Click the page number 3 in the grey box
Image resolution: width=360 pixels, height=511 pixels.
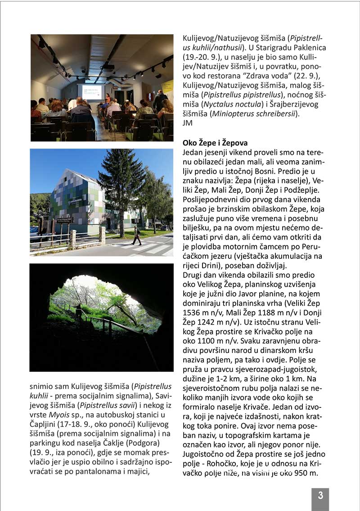320,496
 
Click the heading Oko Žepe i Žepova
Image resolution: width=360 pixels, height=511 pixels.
215,143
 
